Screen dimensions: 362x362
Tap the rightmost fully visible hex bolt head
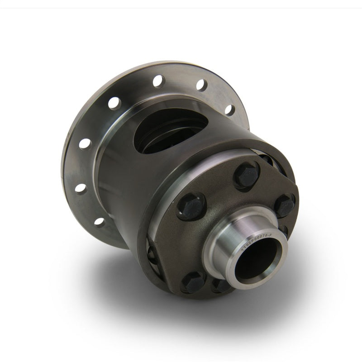point(285,205)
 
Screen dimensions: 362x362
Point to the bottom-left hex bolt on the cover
point(193,282)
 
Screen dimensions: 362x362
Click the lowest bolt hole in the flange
point(99,222)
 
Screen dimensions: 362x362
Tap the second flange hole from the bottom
point(81,188)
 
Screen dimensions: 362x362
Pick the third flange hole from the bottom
point(85,144)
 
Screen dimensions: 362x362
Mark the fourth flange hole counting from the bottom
point(114,103)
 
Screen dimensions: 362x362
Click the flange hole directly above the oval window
point(158,81)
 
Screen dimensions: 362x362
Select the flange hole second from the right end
point(201,85)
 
